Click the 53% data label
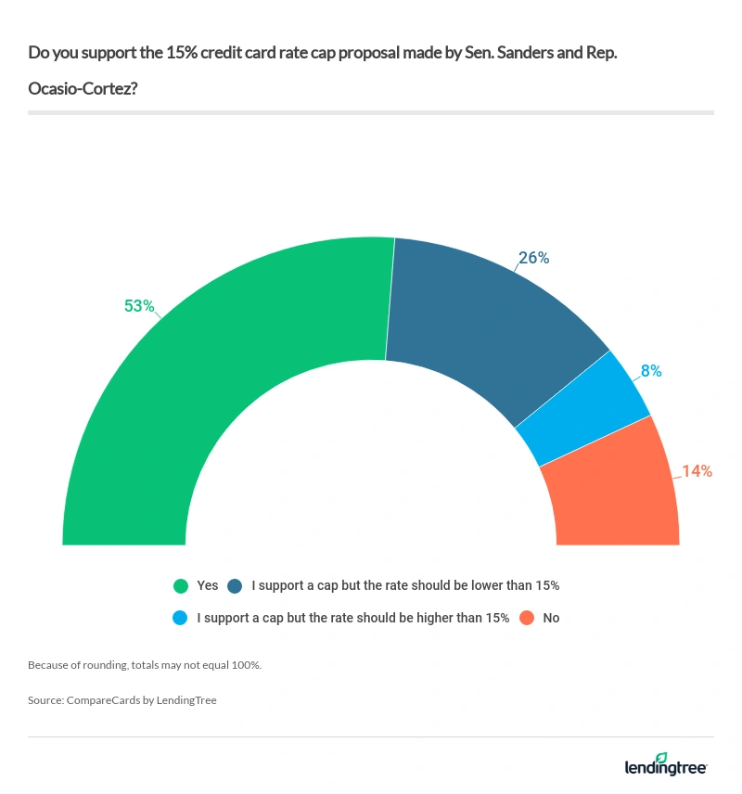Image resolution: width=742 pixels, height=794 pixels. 139,305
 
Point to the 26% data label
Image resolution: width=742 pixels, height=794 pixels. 533,258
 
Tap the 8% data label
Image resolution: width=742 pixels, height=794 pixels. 650,371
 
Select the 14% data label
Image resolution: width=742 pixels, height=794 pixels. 697,471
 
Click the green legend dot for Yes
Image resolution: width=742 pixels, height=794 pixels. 181,585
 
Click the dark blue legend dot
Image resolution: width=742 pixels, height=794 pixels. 235,585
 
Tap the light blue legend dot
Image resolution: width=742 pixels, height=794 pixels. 181,618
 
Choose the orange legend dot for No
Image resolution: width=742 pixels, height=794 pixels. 527,618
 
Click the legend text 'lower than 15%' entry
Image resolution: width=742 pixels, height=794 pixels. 405,585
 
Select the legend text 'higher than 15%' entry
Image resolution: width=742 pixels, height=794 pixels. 353,618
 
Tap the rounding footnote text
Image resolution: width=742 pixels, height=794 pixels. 144,665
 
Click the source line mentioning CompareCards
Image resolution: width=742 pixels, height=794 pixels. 122,700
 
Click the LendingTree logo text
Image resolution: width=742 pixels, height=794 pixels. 665,769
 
